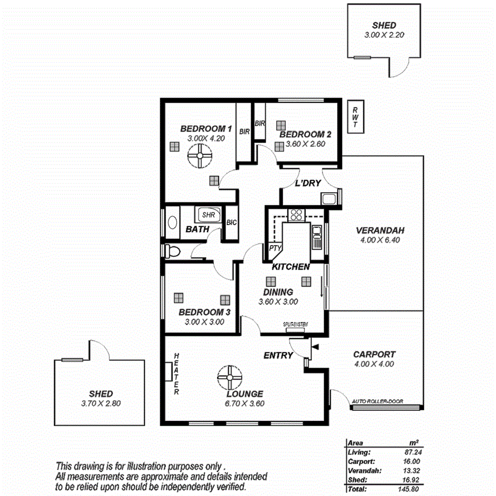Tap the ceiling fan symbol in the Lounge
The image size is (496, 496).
point(230,378)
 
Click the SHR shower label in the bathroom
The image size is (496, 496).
point(208,215)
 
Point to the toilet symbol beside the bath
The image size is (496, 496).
point(172,250)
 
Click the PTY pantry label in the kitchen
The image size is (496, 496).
point(274,248)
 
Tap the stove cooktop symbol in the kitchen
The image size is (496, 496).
point(295,216)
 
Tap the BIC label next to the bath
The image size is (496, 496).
point(232,222)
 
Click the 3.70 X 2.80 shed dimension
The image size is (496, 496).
point(101,403)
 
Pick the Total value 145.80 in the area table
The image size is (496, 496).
point(412,487)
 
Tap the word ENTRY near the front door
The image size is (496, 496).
point(278,356)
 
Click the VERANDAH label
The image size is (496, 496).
point(380,230)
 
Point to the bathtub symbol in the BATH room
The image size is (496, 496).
point(172,223)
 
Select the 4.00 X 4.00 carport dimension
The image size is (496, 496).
point(374,364)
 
